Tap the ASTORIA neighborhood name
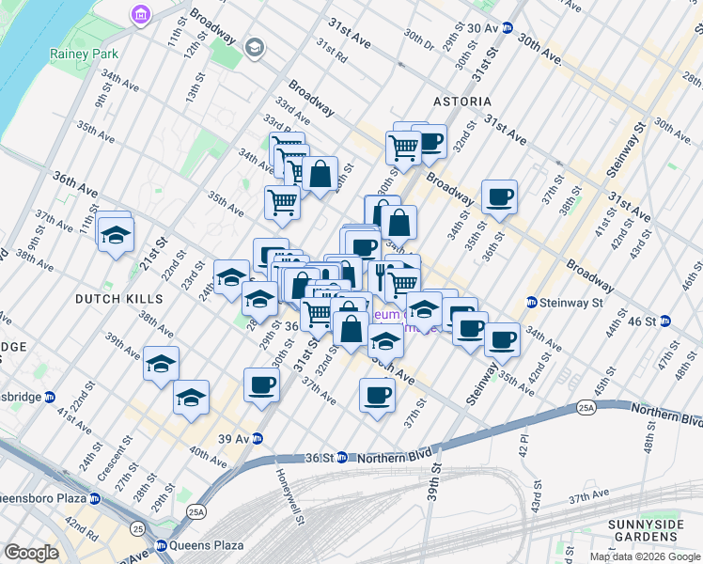coord(461,101)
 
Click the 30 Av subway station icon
coord(508,28)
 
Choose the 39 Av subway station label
coord(234,439)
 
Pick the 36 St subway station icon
coord(343,458)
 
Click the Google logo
coord(31,553)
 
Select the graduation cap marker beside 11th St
coord(116,234)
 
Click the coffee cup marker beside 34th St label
coord(500,197)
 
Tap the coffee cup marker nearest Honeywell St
coord(261,384)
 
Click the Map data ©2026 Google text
coord(646,556)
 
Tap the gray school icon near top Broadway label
coord(254,47)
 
